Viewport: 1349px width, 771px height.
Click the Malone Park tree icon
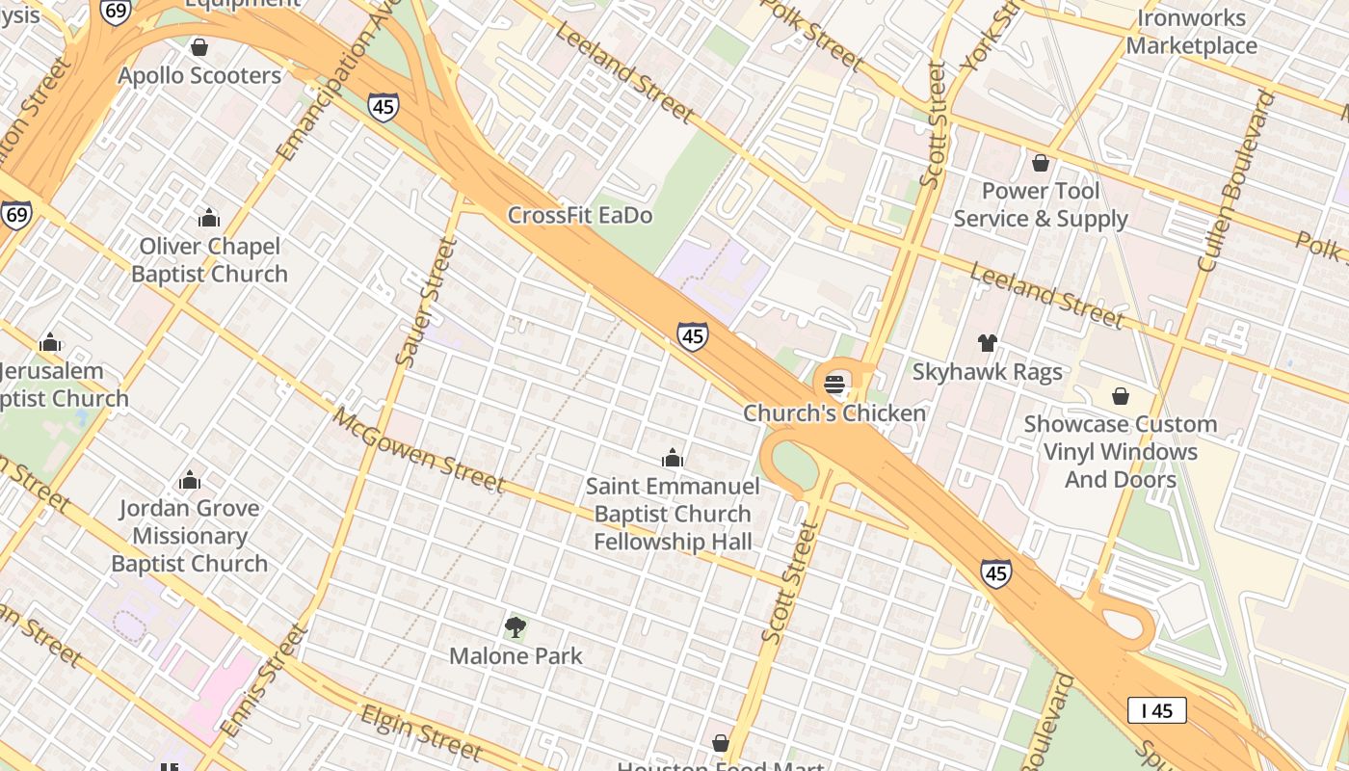coord(516,628)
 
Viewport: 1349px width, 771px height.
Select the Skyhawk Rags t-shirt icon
coord(987,343)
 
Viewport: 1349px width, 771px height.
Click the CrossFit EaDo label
coord(579,215)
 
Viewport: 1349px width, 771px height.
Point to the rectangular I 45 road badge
coord(1156,711)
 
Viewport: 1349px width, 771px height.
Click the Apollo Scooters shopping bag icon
coord(199,47)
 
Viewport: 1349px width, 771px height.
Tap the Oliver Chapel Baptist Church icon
coord(208,219)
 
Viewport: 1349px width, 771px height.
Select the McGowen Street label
coord(419,450)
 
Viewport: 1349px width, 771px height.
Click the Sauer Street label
coord(425,302)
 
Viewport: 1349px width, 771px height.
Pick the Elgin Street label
coord(421,732)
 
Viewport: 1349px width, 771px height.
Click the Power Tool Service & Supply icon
coord(1040,163)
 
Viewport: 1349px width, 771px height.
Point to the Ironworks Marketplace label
coord(1191,32)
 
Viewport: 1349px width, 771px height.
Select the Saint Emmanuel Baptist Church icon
coord(673,459)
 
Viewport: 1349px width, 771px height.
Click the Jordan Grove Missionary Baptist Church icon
coord(190,480)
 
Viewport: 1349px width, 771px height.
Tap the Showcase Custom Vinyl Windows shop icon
coord(1120,396)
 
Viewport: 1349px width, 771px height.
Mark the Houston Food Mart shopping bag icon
coord(720,743)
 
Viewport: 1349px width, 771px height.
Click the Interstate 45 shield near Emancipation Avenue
coord(383,106)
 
